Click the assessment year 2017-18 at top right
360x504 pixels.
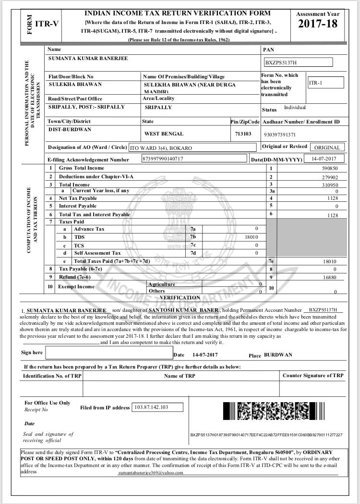(x=317, y=24)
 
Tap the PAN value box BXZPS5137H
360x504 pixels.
(x=298, y=62)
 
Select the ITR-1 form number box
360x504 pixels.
(x=325, y=83)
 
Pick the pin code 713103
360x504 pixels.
(x=243, y=134)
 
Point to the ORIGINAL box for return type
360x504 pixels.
(x=327, y=148)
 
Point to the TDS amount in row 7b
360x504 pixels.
(x=252, y=237)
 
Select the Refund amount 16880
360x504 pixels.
(x=330, y=277)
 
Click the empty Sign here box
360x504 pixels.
(x=108, y=353)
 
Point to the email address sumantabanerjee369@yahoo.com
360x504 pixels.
(x=150, y=473)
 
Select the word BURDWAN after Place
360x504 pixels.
(x=278, y=355)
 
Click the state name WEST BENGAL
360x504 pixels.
(x=164, y=134)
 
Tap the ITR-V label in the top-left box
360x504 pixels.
(x=47, y=24)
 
